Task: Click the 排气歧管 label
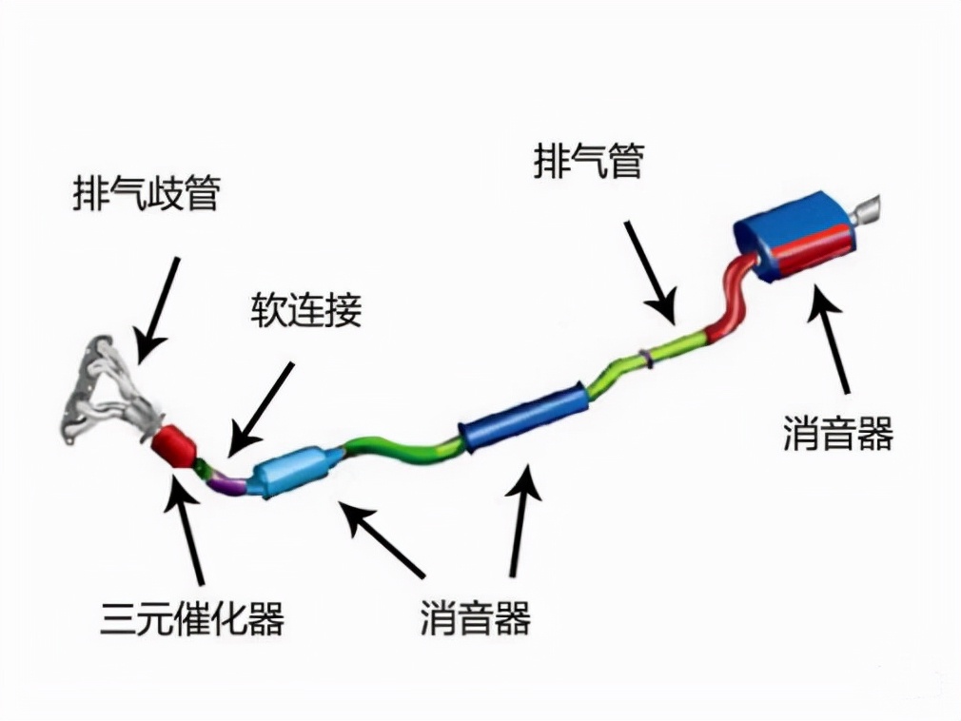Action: coord(147,194)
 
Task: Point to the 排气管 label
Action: coord(587,161)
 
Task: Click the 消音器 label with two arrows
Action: coord(474,619)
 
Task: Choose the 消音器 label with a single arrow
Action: coord(837,434)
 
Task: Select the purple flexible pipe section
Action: coord(228,482)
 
